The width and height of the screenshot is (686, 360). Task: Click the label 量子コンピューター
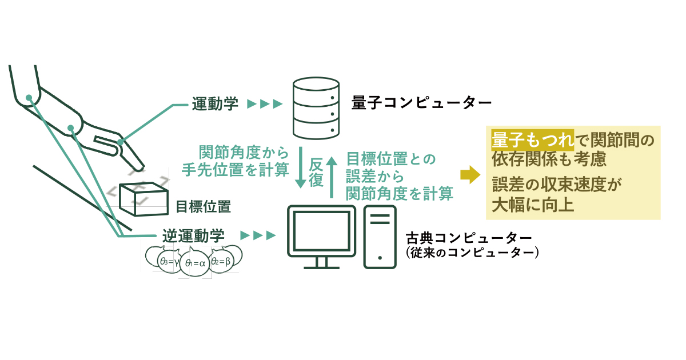(421, 102)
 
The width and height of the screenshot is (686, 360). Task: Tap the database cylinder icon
(316, 108)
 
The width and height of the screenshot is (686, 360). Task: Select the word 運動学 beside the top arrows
(215, 104)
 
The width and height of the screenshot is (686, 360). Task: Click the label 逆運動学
(193, 235)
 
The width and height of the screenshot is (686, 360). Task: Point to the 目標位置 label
(204, 207)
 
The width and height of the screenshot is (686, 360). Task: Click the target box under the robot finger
(143, 199)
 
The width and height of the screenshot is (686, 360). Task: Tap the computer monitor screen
(321, 231)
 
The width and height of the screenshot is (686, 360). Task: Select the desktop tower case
(380, 237)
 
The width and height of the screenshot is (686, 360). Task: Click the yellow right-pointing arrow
(470, 175)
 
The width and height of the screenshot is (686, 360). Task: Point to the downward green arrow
(301, 167)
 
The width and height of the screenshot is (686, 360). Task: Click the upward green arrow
(332, 178)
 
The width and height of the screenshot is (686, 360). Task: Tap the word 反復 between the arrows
(316, 173)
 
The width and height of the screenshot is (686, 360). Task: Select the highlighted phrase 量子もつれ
(532, 140)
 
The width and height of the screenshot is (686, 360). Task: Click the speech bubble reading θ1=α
(194, 263)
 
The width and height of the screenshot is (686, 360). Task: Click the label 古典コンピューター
(469, 238)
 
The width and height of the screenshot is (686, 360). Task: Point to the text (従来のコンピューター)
(472, 253)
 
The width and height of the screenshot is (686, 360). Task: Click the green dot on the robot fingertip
(121, 142)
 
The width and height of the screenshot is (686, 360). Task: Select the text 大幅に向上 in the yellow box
(533, 205)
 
